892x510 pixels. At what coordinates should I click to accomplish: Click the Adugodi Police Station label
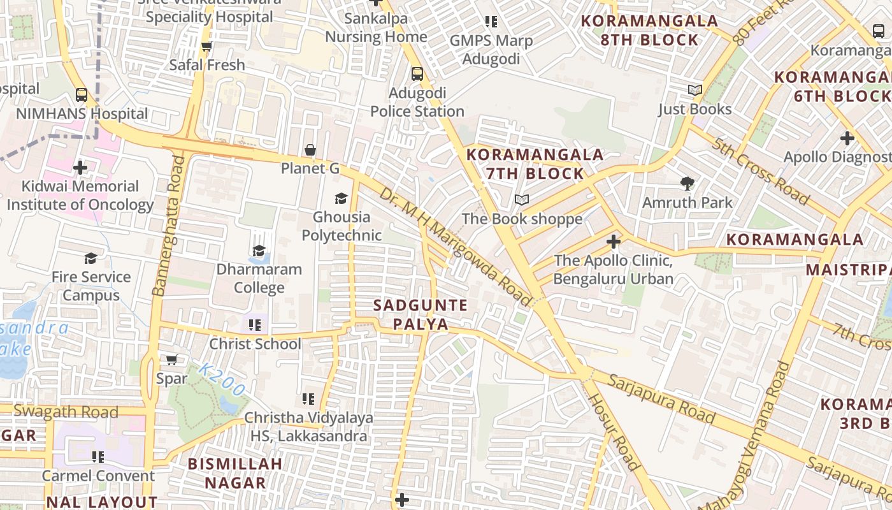coord(417,102)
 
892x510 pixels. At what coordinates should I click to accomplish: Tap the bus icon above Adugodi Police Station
coord(417,74)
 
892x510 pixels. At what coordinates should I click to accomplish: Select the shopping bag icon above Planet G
coord(310,150)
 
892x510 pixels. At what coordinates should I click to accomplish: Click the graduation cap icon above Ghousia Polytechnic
coord(342,198)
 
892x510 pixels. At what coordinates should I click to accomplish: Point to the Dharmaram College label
coord(259,278)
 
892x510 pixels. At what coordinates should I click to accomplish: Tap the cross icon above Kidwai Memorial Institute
coord(80,168)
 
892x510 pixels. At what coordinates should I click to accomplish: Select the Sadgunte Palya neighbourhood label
coord(421,314)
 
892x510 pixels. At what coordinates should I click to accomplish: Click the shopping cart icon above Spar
coord(171,360)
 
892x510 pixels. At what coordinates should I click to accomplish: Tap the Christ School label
coord(255,344)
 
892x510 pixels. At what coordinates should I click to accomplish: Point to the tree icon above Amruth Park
coord(687,184)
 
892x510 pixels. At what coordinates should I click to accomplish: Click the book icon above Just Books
coord(695,91)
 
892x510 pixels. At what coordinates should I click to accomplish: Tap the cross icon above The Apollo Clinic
coord(614,242)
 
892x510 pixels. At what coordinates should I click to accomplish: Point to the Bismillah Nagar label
coord(235,473)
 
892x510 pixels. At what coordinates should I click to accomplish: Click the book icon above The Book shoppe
coord(522,200)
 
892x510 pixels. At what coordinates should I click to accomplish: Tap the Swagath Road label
coord(66,412)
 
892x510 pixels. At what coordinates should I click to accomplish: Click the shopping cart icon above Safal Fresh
coord(206,47)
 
